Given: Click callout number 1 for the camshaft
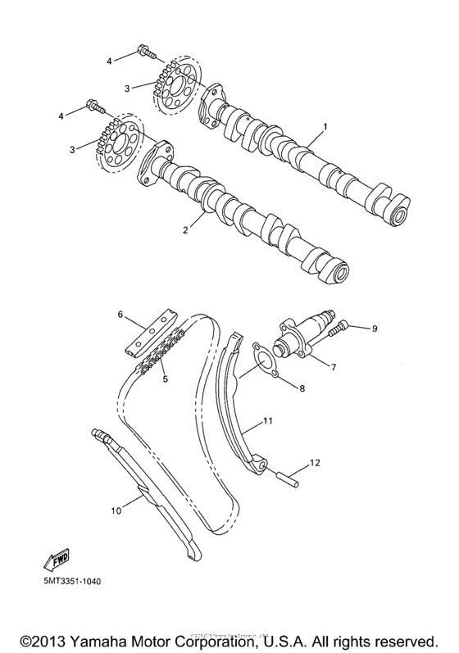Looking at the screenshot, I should coord(325,127).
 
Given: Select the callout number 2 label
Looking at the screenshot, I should coord(185,230).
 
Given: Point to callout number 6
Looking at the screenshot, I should coord(120,314).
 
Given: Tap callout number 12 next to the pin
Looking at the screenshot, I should coord(312,464).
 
